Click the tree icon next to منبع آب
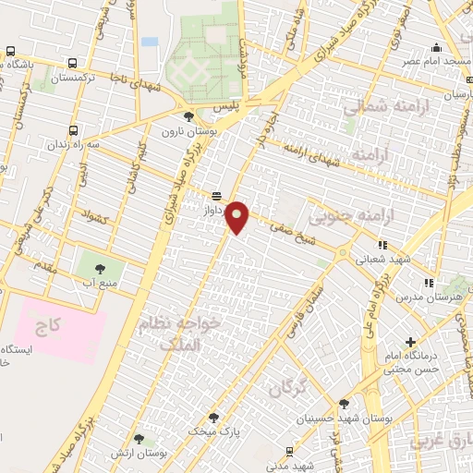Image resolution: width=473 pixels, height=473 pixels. (100, 269)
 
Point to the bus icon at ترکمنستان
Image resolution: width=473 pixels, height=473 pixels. (73, 64)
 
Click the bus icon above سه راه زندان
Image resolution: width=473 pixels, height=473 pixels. (75, 130)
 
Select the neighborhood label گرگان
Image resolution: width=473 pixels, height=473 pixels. (286, 389)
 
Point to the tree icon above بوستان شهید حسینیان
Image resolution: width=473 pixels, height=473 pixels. (344, 404)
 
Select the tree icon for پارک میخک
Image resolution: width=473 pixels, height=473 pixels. (213, 418)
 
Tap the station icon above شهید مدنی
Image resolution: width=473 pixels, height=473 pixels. (290, 451)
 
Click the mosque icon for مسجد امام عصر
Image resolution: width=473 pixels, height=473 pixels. (437, 47)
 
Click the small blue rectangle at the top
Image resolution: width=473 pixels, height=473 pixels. (150, 42)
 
